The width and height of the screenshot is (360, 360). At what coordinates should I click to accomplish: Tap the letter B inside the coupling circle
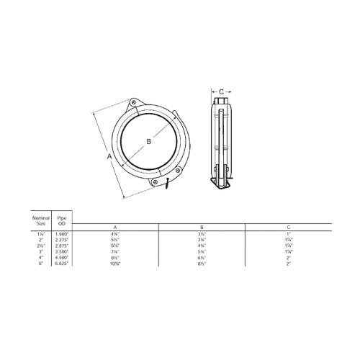pos(149,142)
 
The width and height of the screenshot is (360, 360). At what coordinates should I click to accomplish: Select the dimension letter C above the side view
pos(222,91)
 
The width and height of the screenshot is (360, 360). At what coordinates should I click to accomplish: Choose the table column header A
pos(116,227)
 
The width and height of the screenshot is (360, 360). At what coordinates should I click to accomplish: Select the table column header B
pos(202,227)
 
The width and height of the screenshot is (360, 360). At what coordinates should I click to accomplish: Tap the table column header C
pos(288,227)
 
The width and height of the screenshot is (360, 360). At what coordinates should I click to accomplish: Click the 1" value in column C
pos(288,233)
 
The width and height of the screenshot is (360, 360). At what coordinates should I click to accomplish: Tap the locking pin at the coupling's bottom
pos(166,185)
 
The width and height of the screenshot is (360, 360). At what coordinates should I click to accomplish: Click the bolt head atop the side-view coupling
pos(222,102)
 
